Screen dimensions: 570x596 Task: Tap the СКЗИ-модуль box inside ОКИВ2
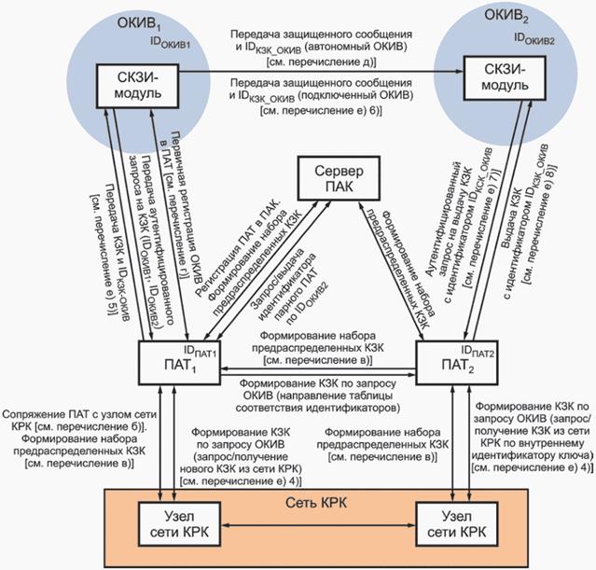click(506, 79)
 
